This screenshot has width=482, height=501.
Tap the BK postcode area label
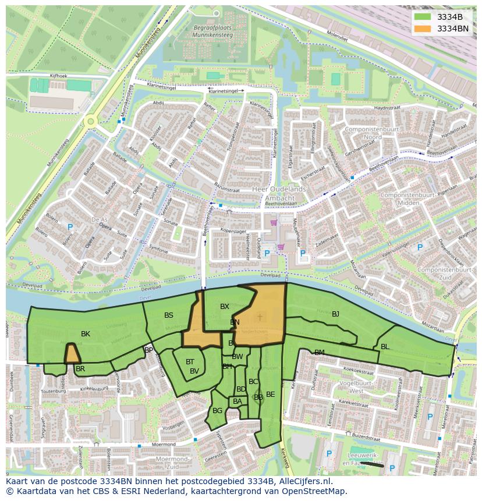[86, 334]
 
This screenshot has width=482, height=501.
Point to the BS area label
[169, 315]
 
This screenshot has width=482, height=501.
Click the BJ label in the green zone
[335, 314]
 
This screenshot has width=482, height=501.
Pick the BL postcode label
[385, 347]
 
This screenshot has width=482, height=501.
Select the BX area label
[225, 307]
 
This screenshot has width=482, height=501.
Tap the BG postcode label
[217, 411]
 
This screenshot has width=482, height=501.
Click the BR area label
[80, 369]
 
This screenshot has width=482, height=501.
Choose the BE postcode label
[270, 395]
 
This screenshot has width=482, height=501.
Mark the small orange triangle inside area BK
[72, 354]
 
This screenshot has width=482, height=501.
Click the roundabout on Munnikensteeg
[90, 122]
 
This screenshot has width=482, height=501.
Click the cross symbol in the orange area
[260, 317]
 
